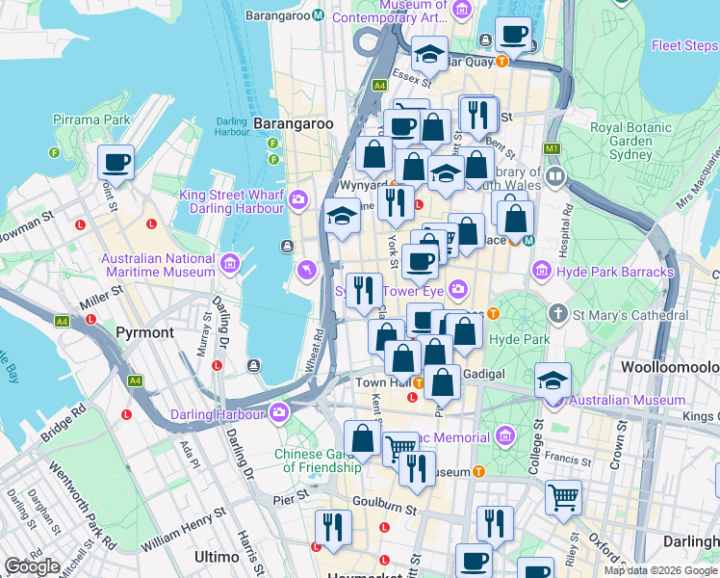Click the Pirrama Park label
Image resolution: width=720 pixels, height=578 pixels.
(x=91, y=119)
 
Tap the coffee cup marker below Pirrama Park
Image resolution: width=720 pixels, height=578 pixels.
(x=116, y=163)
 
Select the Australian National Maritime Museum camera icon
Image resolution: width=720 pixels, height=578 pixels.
(x=230, y=262)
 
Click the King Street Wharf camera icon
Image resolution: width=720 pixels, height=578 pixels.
(x=298, y=199)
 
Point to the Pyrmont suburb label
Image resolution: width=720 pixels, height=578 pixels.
(x=144, y=332)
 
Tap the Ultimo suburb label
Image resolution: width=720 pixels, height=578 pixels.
(x=217, y=557)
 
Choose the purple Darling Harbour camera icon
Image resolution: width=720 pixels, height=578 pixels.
(x=279, y=413)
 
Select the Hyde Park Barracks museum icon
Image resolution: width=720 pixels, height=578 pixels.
(x=542, y=273)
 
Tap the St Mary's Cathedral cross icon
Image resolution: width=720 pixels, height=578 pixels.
(x=557, y=314)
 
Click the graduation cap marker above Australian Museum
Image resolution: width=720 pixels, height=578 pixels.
(x=553, y=378)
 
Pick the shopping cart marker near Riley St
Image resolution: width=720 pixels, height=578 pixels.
(x=563, y=497)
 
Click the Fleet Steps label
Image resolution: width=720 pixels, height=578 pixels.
(x=684, y=45)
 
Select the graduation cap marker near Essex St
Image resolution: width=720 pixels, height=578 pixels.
(x=430, y=52)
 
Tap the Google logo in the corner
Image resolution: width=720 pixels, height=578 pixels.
(x=32, y=566)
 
